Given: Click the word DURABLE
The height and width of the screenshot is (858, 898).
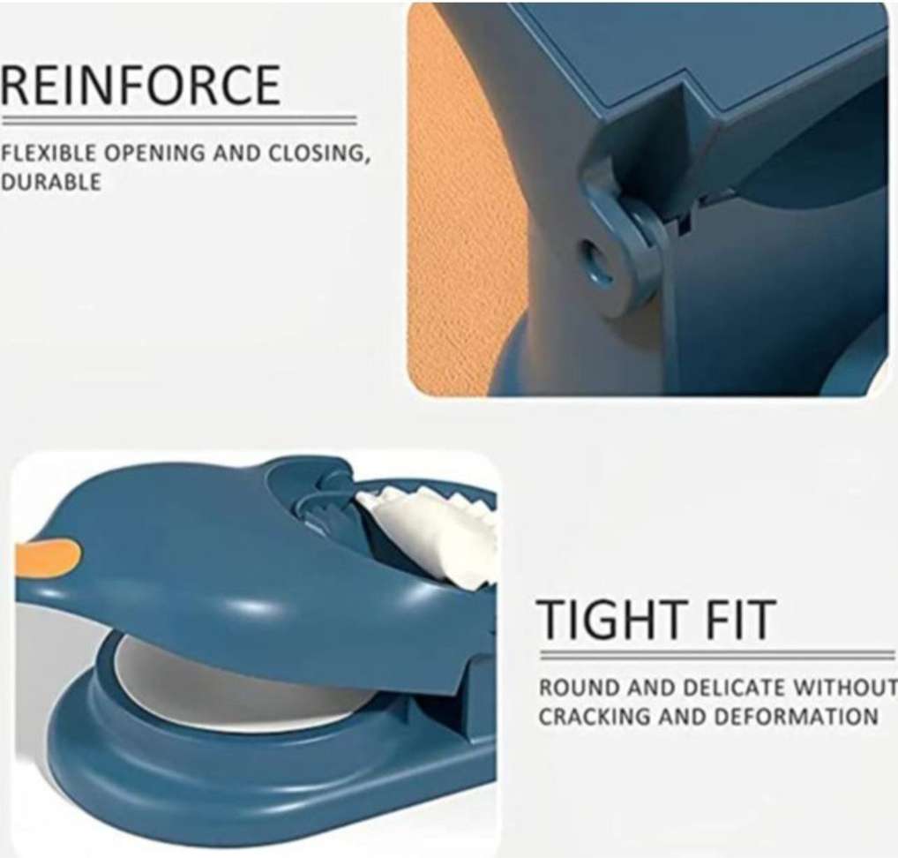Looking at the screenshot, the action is (50, 182).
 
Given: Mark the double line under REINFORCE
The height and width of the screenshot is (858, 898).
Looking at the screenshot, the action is (178, 121).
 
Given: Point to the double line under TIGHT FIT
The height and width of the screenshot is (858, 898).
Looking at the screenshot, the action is (717, 655).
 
